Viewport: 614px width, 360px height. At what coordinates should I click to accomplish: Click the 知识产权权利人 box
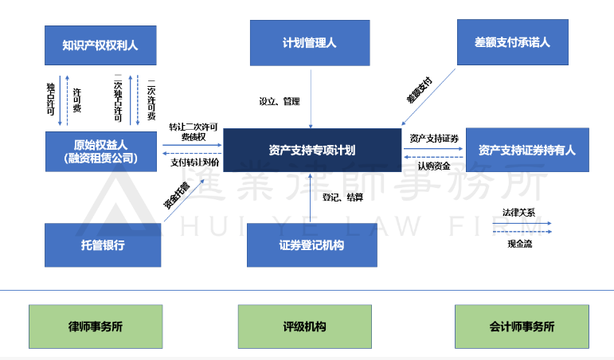click(100, 45)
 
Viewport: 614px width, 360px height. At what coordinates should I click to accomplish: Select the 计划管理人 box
click(310, 43)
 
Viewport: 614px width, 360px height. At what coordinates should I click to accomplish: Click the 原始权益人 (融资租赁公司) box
click(100, 151)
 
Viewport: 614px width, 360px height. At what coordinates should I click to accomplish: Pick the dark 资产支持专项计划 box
click(311, 150)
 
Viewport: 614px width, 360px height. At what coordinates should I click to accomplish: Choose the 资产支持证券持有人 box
click(527, 150)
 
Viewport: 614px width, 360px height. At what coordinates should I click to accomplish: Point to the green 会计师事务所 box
click(522, 327)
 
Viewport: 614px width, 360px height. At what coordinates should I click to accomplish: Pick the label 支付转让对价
click(194, 162)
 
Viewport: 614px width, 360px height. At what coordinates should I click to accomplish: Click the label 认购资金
click(434, 166)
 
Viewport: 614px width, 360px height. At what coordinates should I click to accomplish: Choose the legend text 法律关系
click(518, 213)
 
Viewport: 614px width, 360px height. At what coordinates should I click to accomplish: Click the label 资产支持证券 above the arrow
click(434, 138)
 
